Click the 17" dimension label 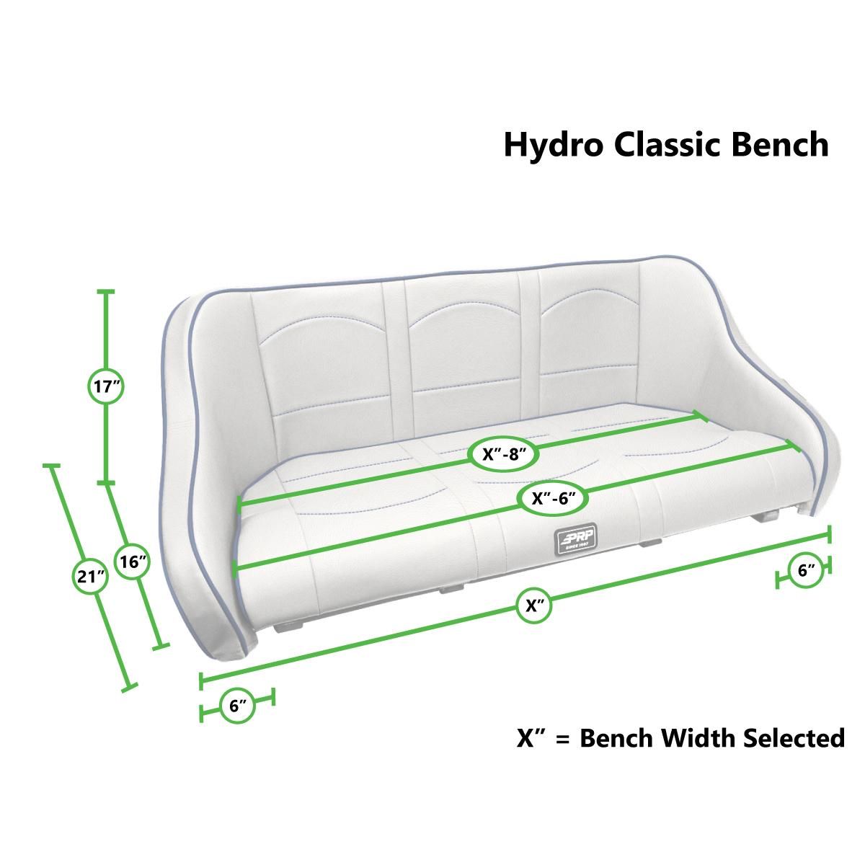pyautogui.click(x=107, y=387)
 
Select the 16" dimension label pyautogui.click(x=133, y=562)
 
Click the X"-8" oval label pyautogui.click(x=501, y=454)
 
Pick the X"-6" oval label pyautogui.click(x=551, y=497)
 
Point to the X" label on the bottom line pyautogui.click(x=534, y=605)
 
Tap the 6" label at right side pyautogui.click(x=807, y=570)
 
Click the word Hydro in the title pyautogui.click(x=553, y=145)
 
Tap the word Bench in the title pyautogui.click(x=780, y=144)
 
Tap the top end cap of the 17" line pyautogui.click(x=106, y=291)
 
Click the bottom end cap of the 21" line pyautogui.click(x=129, y=689)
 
